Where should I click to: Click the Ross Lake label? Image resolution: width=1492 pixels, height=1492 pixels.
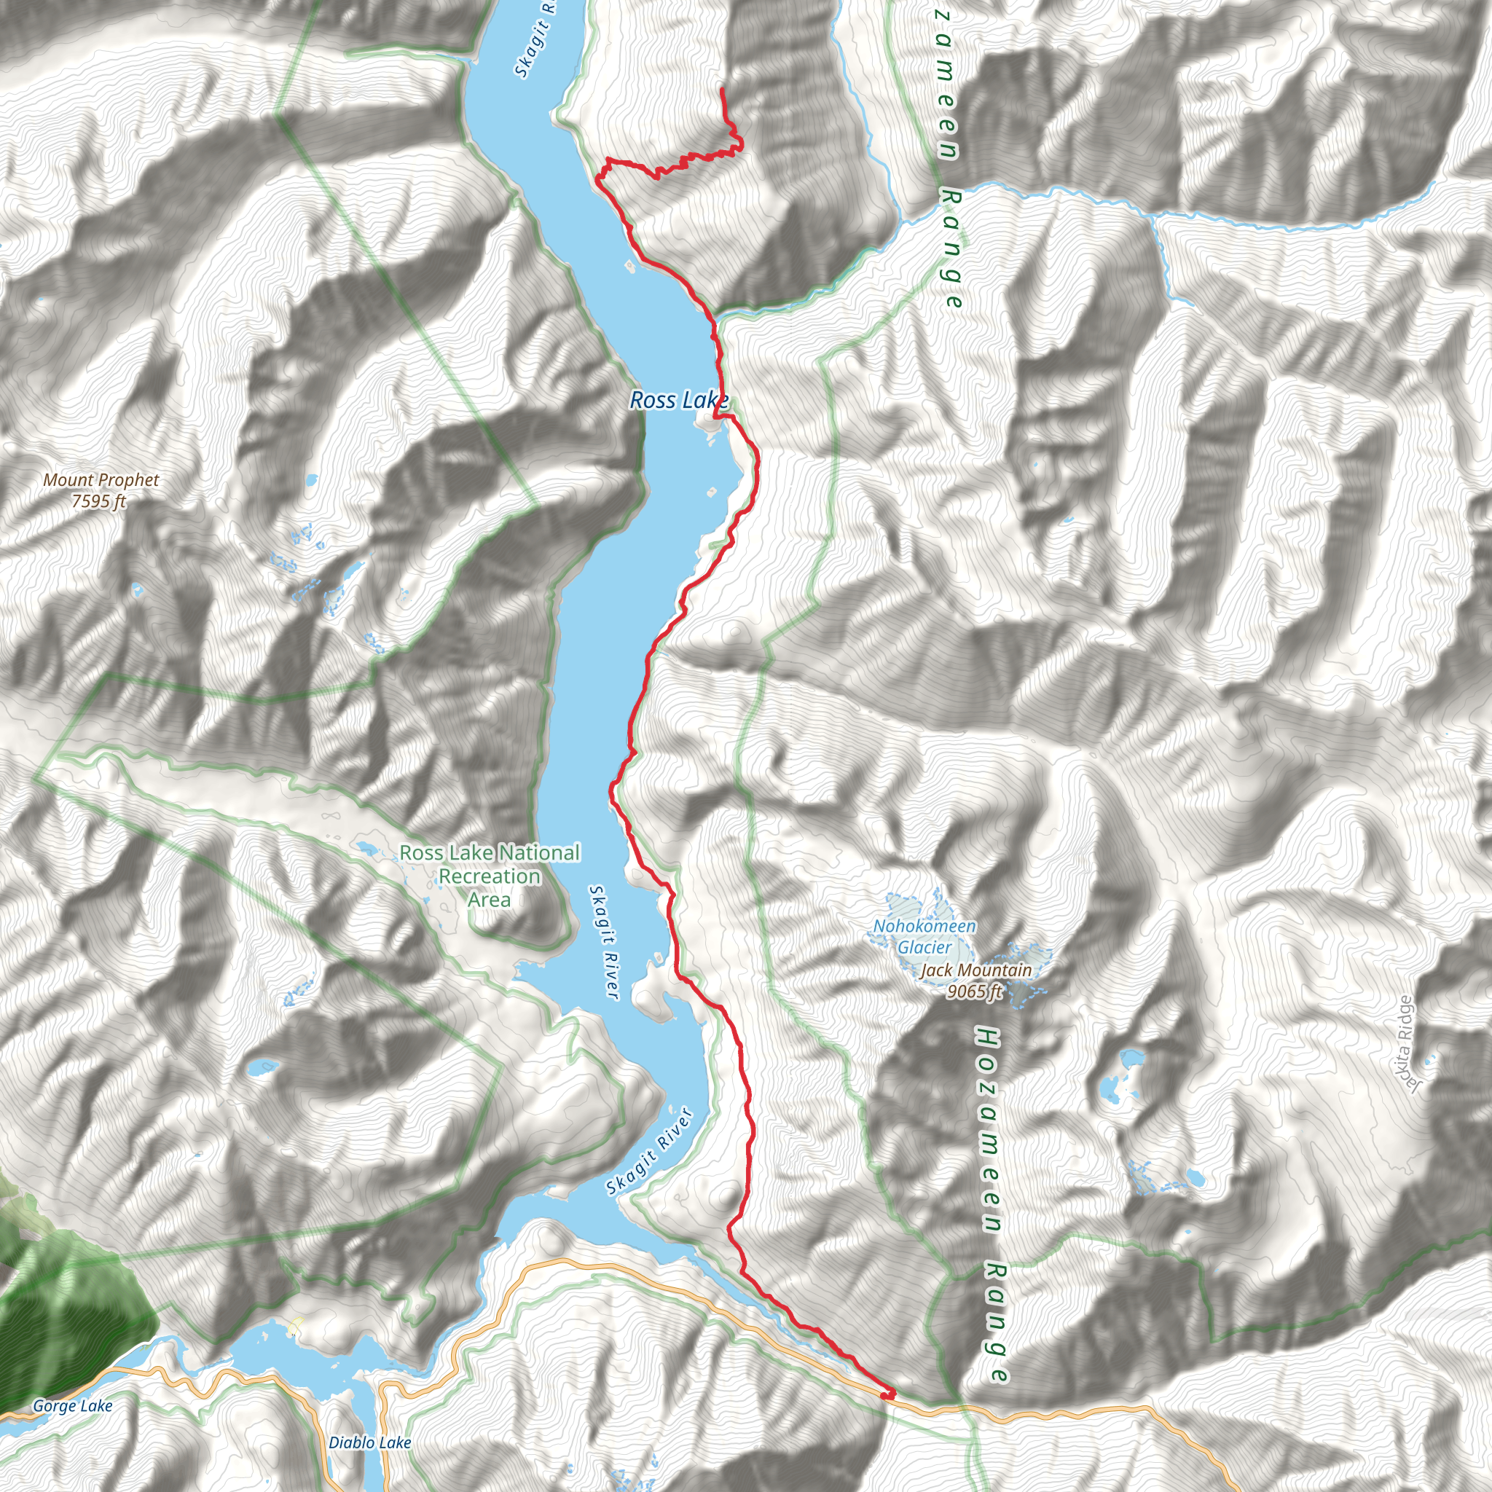tap(678, 400)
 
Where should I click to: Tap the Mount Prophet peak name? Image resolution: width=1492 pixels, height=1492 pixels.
tap(101, 479)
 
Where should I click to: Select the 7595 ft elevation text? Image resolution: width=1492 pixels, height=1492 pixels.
tap(99, 501)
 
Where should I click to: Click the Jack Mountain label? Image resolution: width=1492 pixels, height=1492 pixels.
tap(975, 970)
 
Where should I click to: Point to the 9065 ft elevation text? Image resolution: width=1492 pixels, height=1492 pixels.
tap(974, 991)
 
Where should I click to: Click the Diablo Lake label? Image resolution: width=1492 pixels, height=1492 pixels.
tap(369, 1442)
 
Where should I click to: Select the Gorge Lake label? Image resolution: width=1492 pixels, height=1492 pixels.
tap(72, 1406)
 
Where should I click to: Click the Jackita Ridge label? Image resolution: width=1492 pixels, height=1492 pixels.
tap(1405, 1044)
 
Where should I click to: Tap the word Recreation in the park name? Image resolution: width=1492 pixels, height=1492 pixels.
tap(489, 876)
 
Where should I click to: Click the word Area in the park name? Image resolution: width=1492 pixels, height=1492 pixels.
tap(488, 900)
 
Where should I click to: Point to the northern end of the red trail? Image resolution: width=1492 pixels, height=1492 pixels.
tap(721, 90)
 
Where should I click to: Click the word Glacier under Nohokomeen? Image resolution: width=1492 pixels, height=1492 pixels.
tap(924, 947)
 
